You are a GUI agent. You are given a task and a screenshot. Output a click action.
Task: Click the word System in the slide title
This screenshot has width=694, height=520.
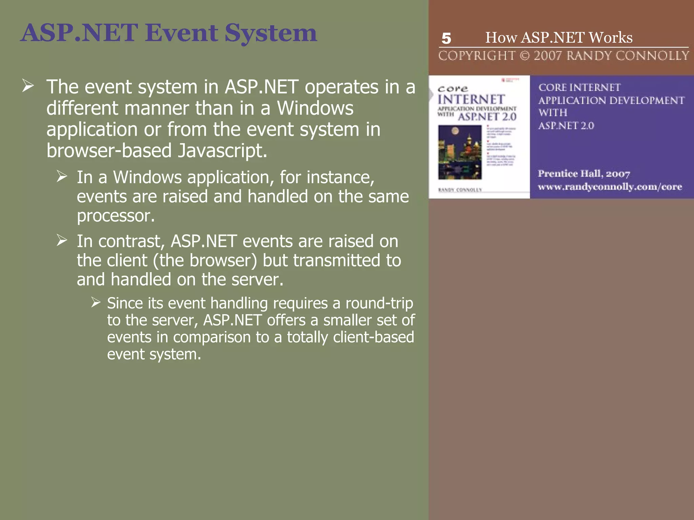(270, 34)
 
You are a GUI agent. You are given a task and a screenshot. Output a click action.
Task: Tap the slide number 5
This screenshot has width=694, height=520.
(446, 38)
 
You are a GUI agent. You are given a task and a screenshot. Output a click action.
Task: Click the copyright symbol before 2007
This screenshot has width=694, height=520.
(525, 56)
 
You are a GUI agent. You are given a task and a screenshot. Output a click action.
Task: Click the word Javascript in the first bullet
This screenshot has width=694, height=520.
(222, 151)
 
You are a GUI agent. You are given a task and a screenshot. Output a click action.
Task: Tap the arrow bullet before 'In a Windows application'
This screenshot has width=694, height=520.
(62, 176)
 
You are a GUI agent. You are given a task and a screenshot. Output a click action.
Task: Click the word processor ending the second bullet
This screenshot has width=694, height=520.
(116, 216)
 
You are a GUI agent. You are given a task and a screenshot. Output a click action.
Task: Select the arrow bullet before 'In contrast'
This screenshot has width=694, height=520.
(62, 240)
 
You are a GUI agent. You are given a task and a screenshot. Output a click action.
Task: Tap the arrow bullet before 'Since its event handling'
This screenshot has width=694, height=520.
(96, 302)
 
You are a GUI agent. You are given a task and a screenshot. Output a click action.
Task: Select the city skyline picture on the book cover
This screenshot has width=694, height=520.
(460, 152)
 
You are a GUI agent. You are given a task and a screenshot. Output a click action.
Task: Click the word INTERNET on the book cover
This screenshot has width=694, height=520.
(471, 100)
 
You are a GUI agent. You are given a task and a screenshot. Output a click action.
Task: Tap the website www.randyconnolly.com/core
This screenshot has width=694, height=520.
(610, 187)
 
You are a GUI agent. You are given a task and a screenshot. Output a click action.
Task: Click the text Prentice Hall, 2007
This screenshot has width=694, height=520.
(584, 174)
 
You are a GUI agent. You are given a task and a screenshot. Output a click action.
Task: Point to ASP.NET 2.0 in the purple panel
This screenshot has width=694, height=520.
(566, 126)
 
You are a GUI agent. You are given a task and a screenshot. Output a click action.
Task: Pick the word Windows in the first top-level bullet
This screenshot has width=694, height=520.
(315, 108)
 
